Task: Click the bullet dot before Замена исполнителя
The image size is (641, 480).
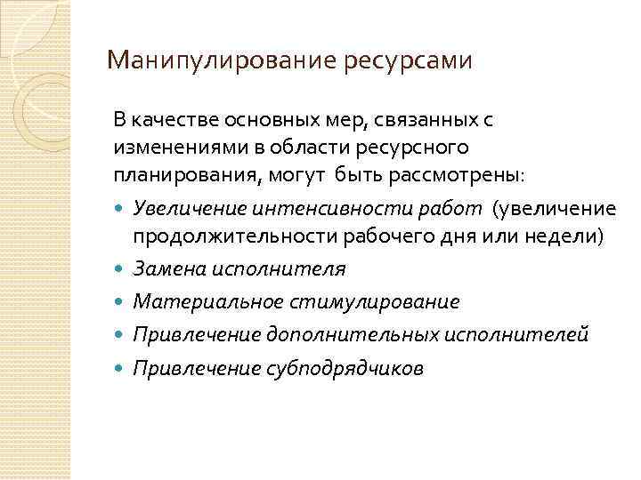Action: pyautogui.click(x=120, y=268)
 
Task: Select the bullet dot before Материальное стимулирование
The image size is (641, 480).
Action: pyautogui.click(x=120, y=301)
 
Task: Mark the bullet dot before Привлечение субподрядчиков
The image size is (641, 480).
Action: pyautogui.click(x=120, y=368)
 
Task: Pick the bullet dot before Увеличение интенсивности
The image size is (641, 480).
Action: pyautogui.click(x=120, y=208)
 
